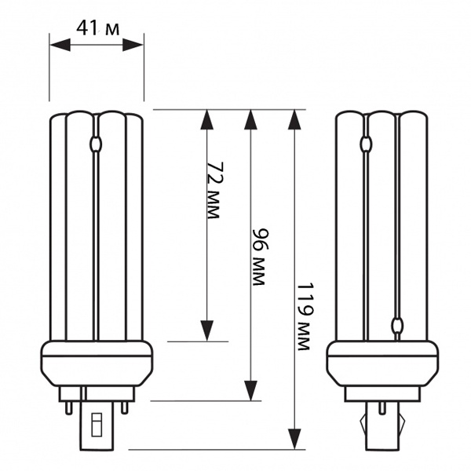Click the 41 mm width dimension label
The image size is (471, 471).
(x=98, y=29)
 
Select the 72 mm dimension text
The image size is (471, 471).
(x=216, y=191)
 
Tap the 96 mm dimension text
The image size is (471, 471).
(x=259, y=257)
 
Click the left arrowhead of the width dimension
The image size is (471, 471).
(x=60, y=45)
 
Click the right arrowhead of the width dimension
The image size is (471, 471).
(x=133, y=45)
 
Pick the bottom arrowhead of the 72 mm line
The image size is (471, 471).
(x=207, y=330)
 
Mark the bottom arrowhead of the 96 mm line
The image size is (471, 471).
(x=250, y=390)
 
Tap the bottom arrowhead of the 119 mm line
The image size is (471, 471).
(x=294, y=439)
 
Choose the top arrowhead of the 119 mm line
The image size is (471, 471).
(x=294, y=120)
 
